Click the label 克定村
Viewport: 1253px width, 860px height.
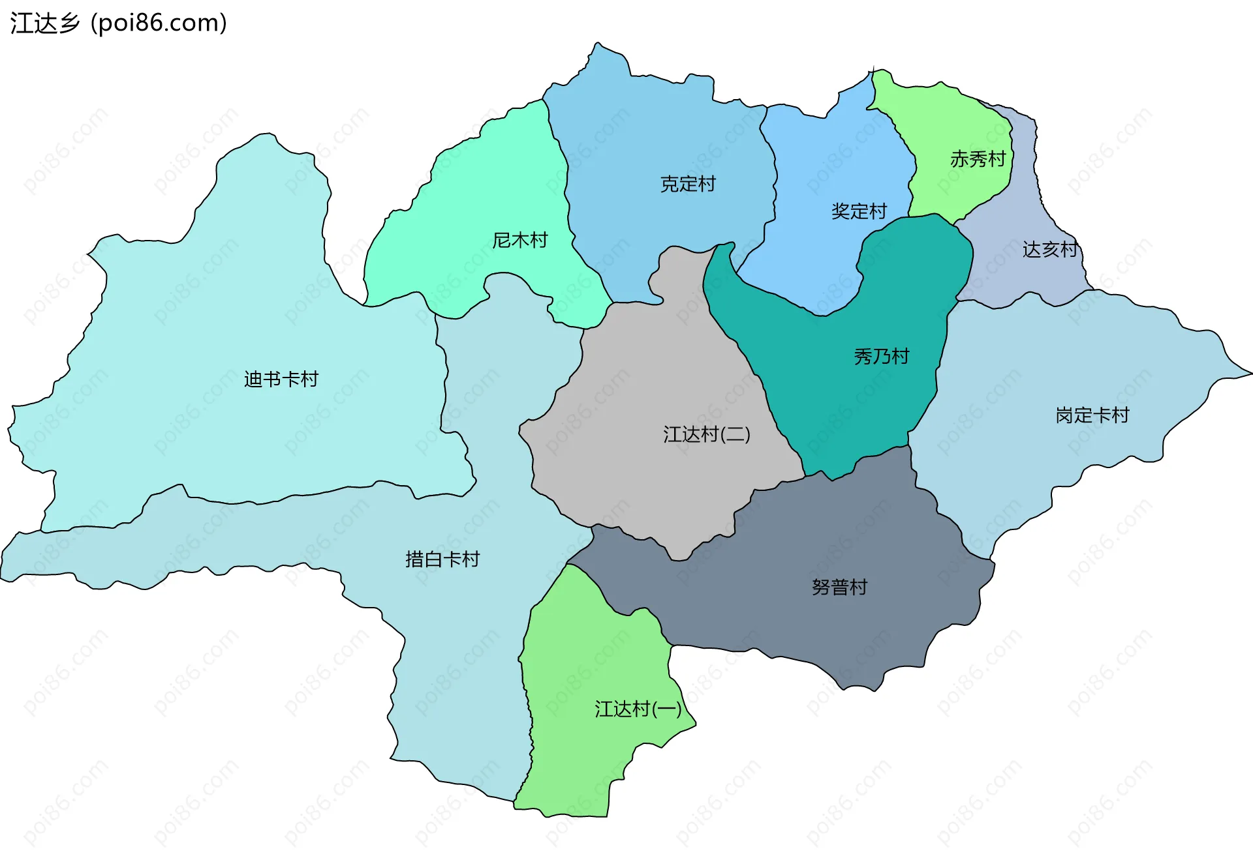tap(688, 184)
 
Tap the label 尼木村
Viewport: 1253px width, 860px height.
tap(519, 240)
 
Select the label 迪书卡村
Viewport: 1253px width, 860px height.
tap(281, 379)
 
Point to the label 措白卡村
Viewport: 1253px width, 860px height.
tap(442, 559)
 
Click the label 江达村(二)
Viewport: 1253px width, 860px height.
tap(707, 434)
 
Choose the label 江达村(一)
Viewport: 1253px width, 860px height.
tap(638, 709)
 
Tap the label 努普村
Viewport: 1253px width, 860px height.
tap(839, 587)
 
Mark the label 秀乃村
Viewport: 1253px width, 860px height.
tap(881, 356)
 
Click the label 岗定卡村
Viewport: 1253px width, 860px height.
tap(1092, 415)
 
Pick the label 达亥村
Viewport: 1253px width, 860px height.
tap(1049, 249)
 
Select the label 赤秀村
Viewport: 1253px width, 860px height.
tap(978, 158)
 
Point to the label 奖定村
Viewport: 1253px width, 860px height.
tap(859, 211)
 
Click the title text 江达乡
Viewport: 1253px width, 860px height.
tap(44, 23)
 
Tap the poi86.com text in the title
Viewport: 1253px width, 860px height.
tap(159, 23)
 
